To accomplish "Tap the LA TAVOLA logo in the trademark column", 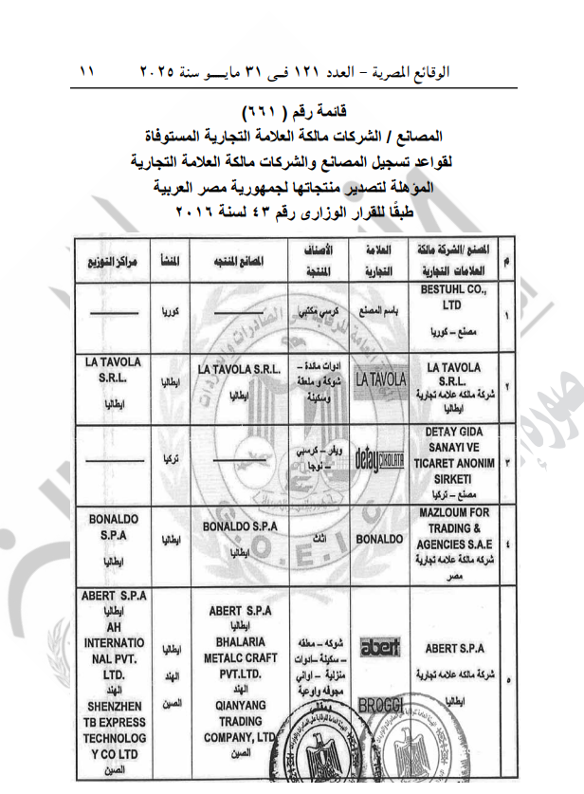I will (x=380, y=379).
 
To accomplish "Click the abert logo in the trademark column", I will (x=379, y=648).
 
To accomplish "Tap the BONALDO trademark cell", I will (x=379, y=538).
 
